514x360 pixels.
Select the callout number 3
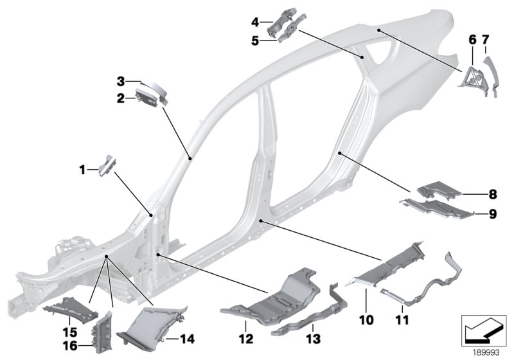point(120,82)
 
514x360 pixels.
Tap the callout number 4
point(255,22)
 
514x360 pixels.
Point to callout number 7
point(485,40)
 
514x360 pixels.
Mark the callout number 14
point(188,337)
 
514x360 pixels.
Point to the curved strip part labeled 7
point(494,74)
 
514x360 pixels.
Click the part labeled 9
point(437,208)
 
